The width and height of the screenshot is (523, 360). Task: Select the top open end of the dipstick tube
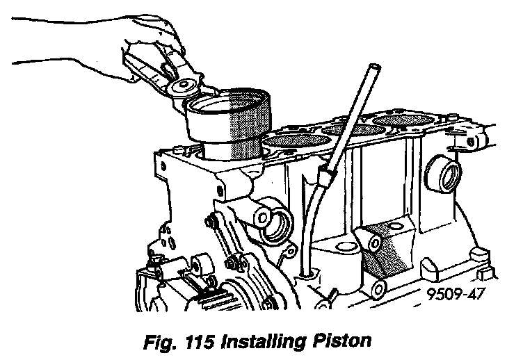click(373, 69)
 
